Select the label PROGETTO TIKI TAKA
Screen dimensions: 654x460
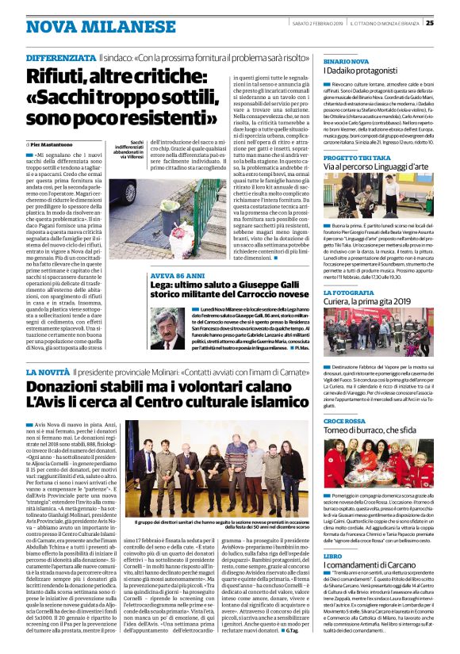tap(357, 159)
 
